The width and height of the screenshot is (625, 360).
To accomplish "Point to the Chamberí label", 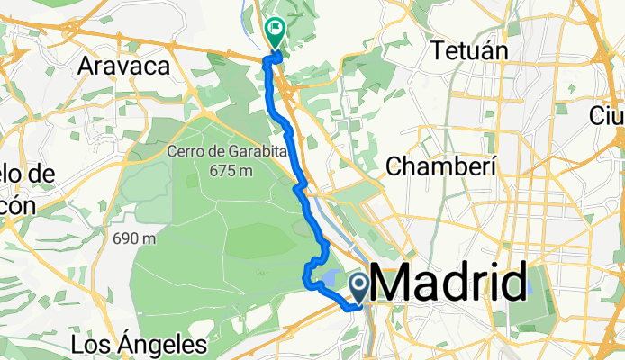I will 442,165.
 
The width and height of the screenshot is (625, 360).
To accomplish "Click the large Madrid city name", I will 448,286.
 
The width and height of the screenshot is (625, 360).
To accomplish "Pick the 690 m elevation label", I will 136,239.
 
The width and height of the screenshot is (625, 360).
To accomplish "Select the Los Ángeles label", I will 139,345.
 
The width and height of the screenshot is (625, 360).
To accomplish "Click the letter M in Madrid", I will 390,286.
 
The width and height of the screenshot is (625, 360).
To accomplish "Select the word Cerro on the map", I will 183,151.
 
